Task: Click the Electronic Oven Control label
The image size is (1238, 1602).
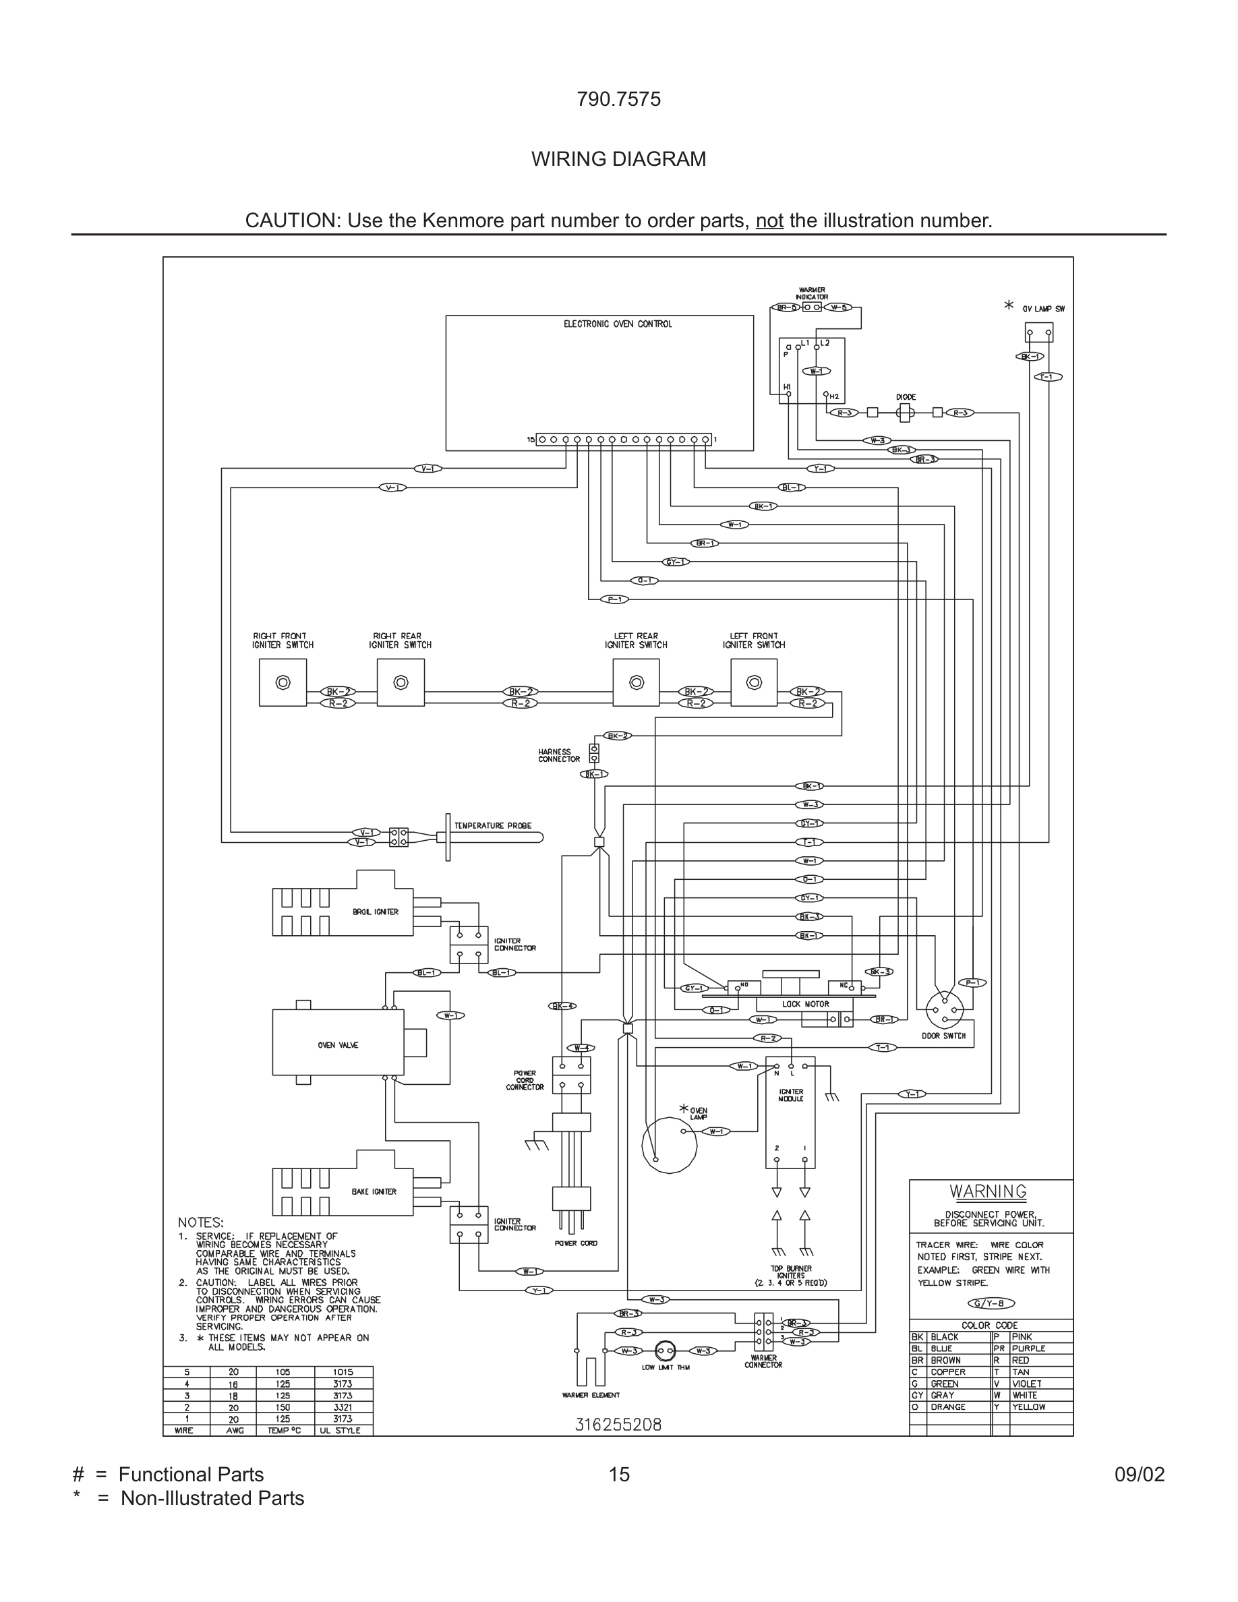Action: click(x=618, y=324)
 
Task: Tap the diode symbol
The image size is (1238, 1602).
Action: click(x=905, y=413)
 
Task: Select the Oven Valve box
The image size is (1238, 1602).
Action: click(x=338, y=1044)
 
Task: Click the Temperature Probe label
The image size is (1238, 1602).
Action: click(x=493, y=826)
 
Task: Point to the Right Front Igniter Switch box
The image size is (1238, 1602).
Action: click(x=283, y=683)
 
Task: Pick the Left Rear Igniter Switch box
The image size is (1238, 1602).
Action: click(x=636, y=683)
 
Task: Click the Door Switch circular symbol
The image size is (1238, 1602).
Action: click(x=945, y=1011)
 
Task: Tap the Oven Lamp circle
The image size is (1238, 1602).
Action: click(x=669, y=1145)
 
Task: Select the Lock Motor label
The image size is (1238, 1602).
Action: click(x=805, y=1004)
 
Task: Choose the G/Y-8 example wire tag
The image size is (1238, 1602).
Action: click(x=991, y=1303)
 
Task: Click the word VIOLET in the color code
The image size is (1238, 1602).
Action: click(x=1027, y=1384)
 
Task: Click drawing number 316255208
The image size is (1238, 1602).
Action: click(x=618, y=1425)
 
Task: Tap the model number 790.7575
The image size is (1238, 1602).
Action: click(x=618, y=99)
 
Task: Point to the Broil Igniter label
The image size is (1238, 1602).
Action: click(x=376, y=912)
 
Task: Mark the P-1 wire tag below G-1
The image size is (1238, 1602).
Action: click(x=614, y=599)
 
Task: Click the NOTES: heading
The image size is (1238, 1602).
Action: click(x=200, y=1223)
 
